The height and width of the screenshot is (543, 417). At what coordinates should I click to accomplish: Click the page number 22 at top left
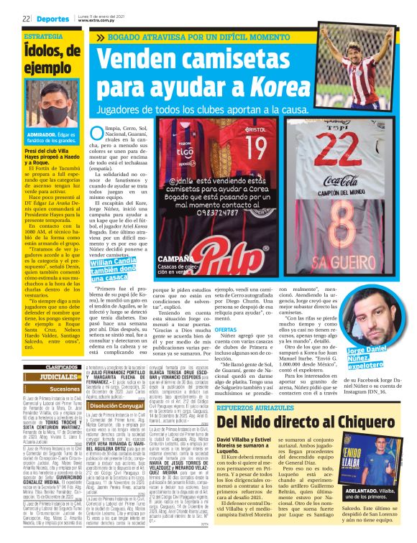pyautogui.click(x=25, y=19)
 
